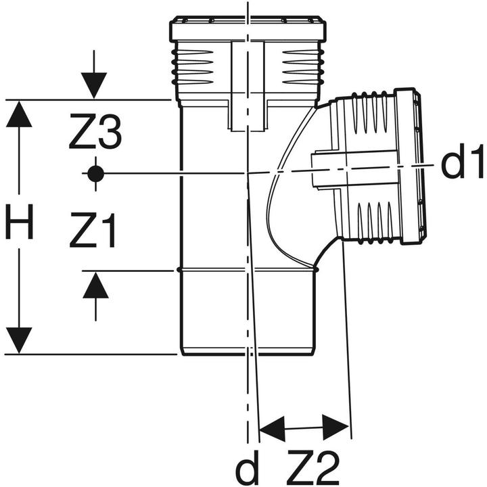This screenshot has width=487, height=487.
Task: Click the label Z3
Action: pos(95,133)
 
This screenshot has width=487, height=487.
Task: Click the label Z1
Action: pos(93,232)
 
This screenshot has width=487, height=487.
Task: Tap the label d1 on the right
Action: pos(463,164)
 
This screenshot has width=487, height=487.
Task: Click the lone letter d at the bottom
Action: pos(248,466)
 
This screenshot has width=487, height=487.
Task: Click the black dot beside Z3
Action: pos(95,173)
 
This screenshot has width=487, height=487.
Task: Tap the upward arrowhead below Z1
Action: pos(95,287)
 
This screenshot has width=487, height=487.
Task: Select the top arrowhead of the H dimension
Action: pos(19,114)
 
